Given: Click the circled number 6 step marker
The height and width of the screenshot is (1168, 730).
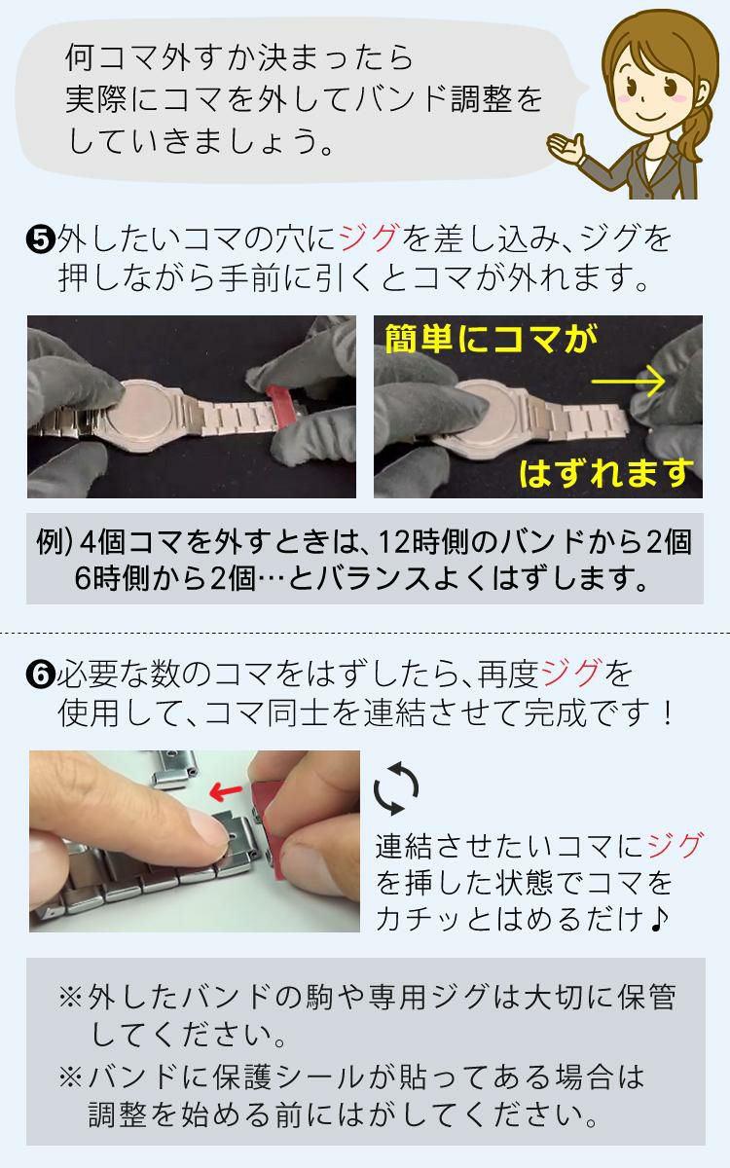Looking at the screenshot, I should pos(43,674).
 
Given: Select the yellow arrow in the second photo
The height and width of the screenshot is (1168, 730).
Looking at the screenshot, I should pos(627,382).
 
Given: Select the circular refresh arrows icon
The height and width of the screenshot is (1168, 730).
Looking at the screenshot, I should pos(397,789).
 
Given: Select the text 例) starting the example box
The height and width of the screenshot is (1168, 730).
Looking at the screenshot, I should pos(57,543).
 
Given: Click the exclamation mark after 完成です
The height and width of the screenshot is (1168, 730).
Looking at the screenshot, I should pos(666,715).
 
